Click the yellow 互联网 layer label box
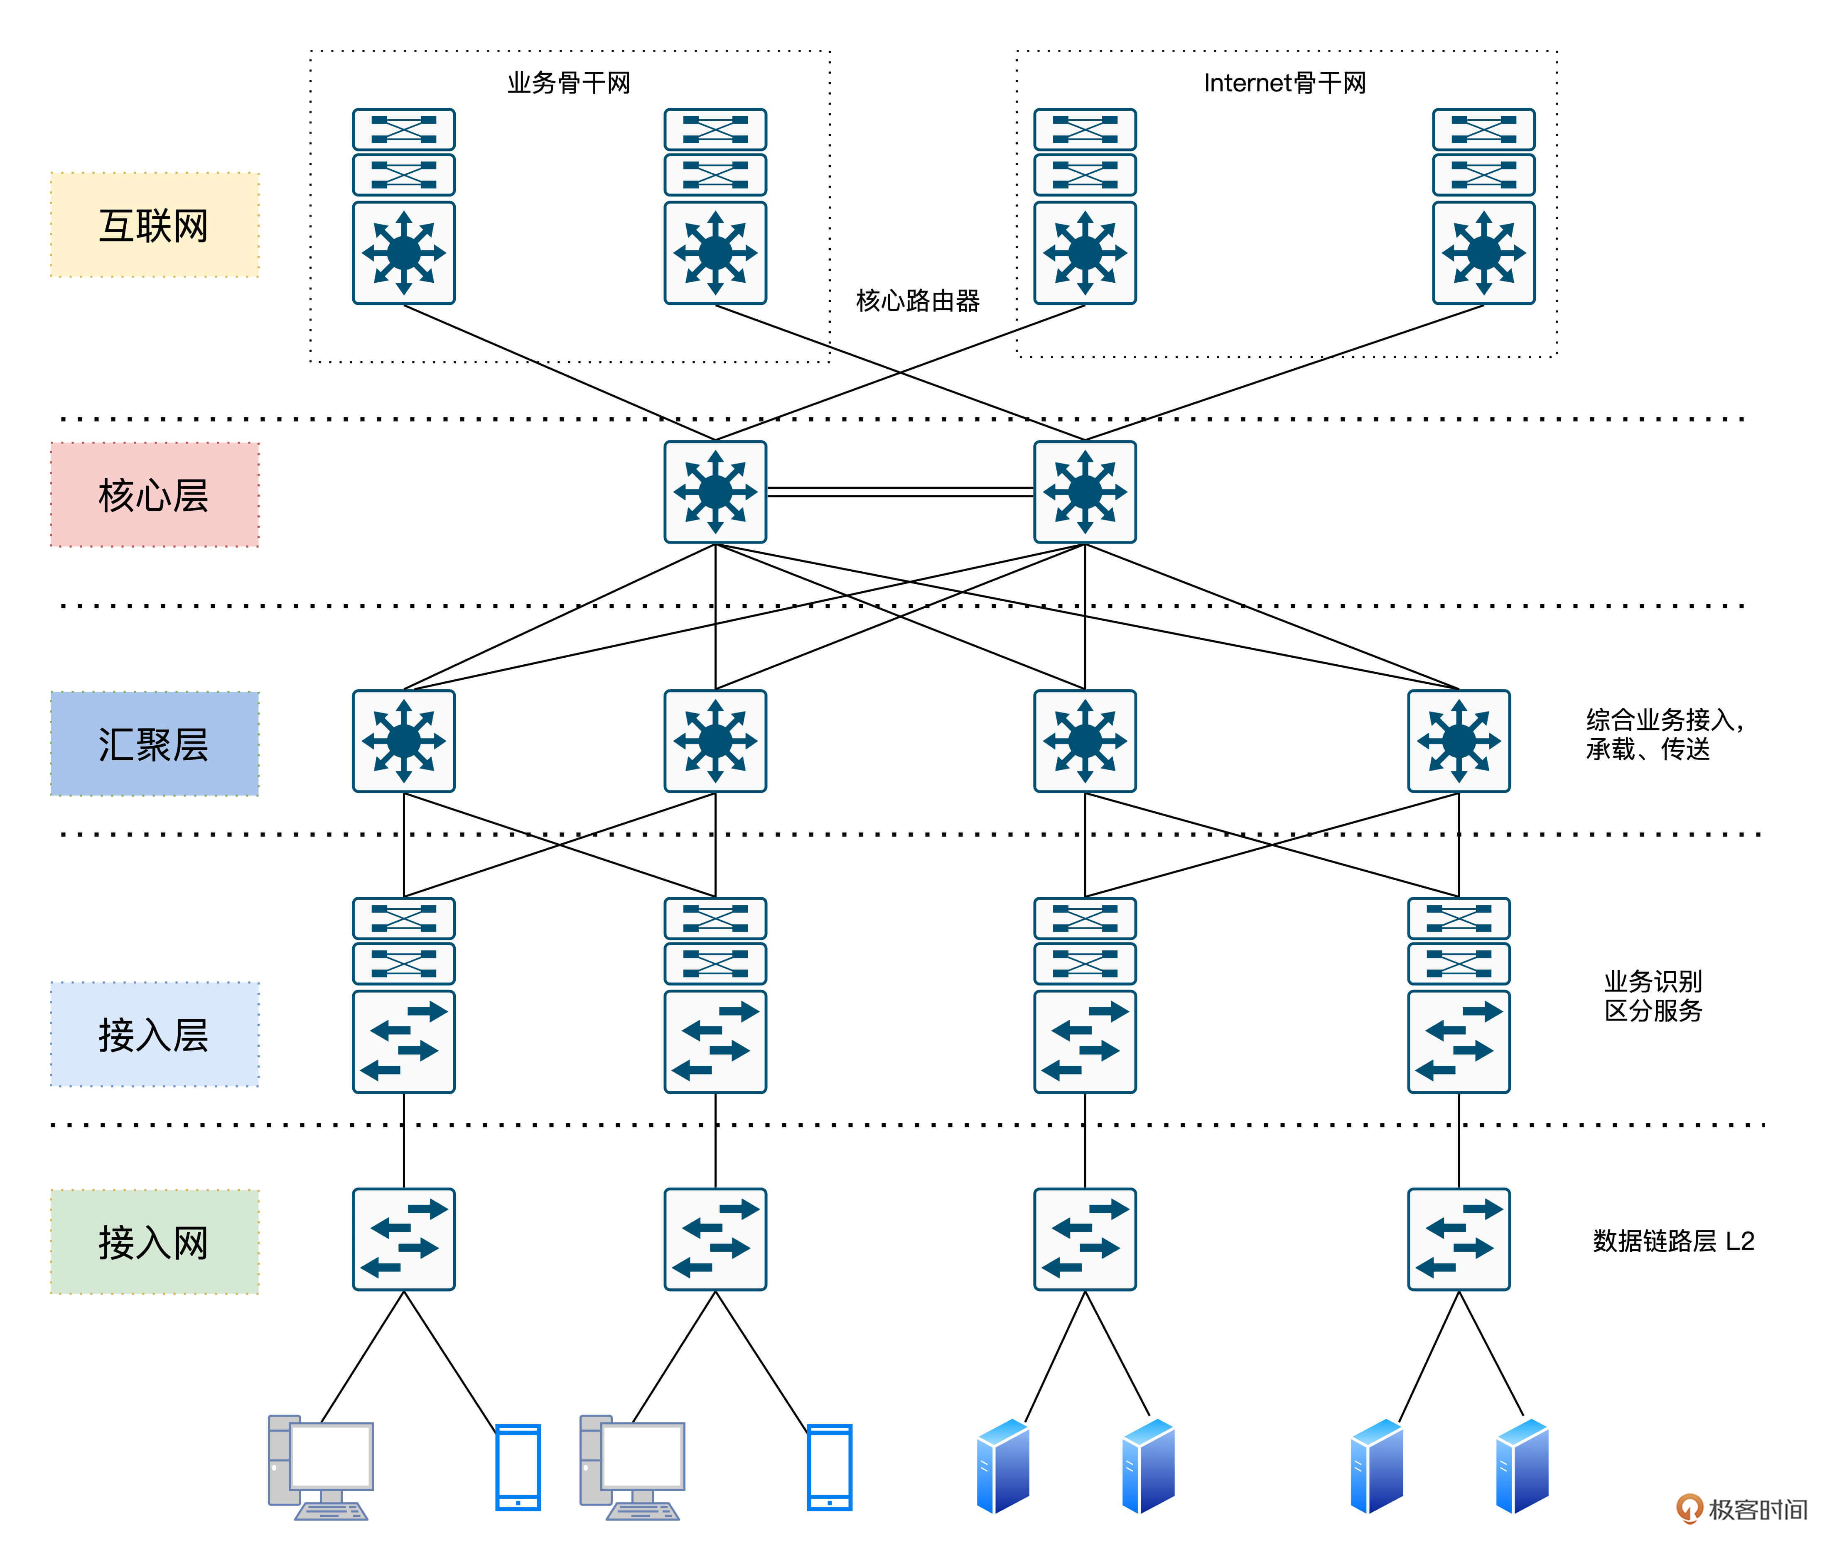[155, 225]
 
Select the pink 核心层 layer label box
[155, 494]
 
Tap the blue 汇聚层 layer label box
[155, 743]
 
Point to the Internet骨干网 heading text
[1284, 83]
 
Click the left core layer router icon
[715, 492]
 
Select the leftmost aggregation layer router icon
[403, 741]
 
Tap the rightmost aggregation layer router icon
[1459, 741]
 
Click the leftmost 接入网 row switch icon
[403, 1239]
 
